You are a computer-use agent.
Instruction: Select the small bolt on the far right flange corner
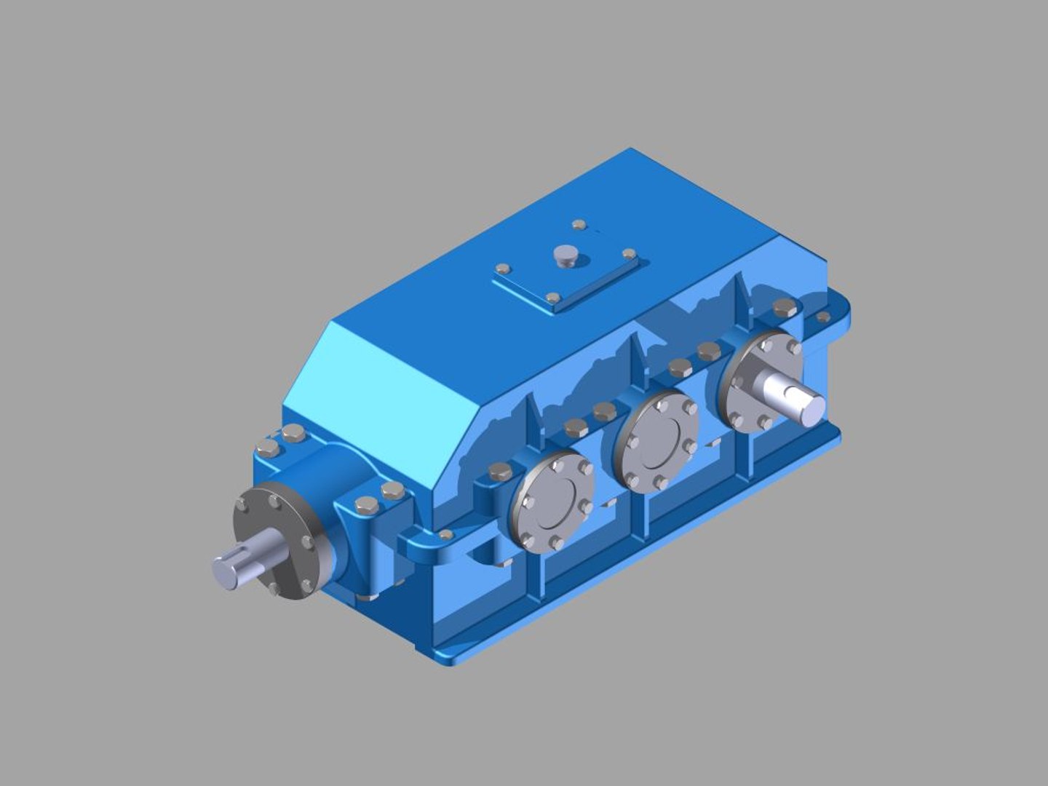(x=823, y=317)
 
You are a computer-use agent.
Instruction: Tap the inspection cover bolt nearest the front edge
(x=553, y=298)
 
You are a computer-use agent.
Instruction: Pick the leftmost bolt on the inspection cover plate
(x=501, y=268)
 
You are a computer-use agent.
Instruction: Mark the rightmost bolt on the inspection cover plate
(x=630, y=255)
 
